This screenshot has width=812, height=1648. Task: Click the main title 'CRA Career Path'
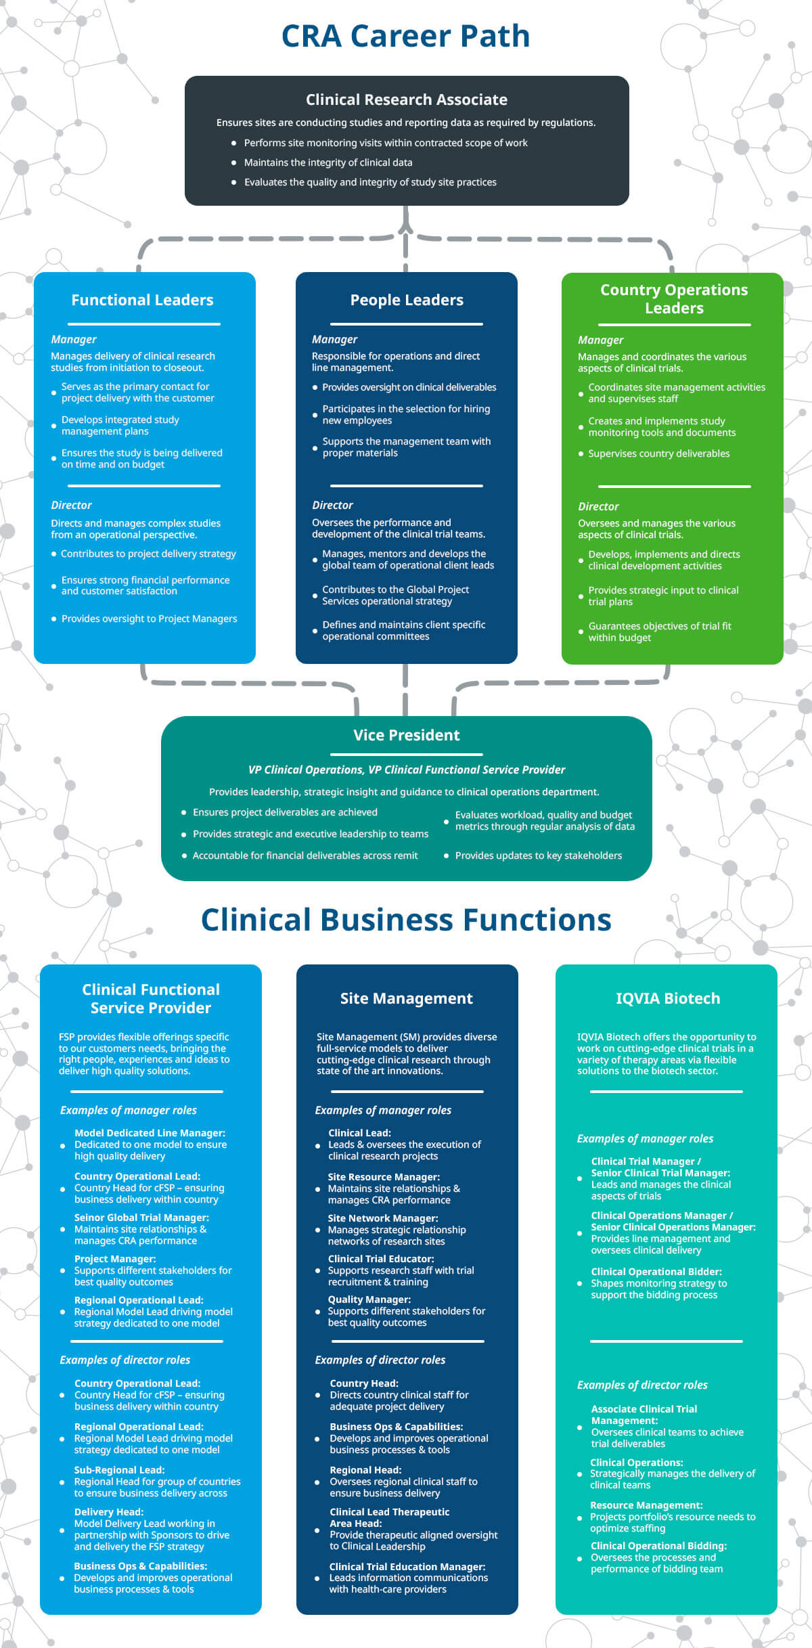(405, 36)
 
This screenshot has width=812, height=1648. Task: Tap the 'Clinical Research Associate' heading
(407, 99)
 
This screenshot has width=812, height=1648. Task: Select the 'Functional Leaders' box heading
(143, 300)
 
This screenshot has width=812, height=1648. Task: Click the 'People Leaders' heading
(407, 300)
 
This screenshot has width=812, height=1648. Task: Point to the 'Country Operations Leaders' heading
(674, 299)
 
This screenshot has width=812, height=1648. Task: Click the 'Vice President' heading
(407, 735)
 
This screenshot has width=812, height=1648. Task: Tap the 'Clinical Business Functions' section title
(406, 920)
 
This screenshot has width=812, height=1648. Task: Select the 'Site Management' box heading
(407, 998)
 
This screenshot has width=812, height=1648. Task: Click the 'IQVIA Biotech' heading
(668, 998)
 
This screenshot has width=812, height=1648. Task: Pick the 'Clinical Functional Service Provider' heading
(151, 998)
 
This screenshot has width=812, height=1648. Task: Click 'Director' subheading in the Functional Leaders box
(71, 505)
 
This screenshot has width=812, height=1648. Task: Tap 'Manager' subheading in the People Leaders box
(334, 339)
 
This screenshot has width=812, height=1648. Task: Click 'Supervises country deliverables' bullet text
(659, 453)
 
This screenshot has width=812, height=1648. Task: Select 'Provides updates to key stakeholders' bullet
(539, 855)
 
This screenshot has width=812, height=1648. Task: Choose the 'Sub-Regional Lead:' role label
(120, 1470)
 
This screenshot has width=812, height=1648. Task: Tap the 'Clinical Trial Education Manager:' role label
(407, 1567)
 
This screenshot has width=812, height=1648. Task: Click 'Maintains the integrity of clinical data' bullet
(328, 162)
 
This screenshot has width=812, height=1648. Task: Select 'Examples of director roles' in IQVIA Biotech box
(642, 1385)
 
